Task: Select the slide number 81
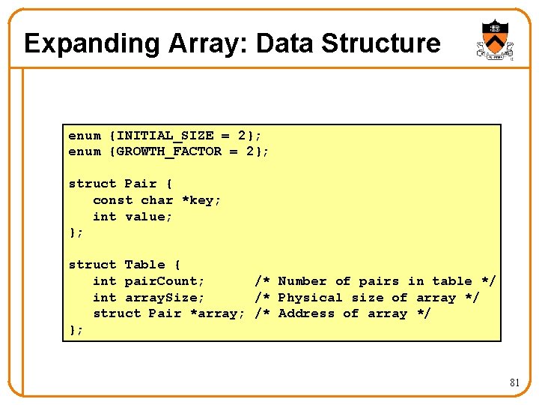coord(514,382)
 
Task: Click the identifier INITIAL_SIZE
coord(165,136)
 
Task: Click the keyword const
coord(112,200)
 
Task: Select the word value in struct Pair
coord(144,217)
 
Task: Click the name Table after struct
coord(144,265)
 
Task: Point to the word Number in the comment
coord(302,281)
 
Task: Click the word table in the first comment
coord(452,281)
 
